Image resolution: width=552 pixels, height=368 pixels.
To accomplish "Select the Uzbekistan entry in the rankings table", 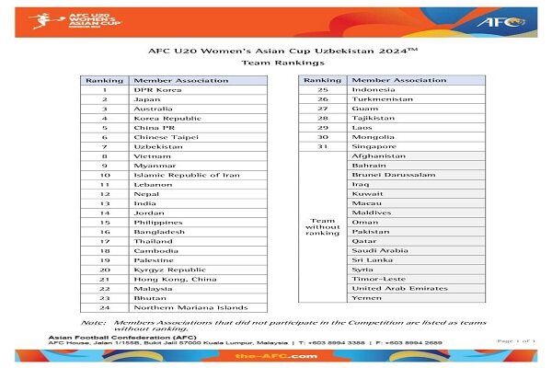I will pos(158,147).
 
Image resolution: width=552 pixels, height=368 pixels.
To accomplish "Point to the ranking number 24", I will pos(105,308).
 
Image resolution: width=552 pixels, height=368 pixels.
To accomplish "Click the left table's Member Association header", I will pos(180,81).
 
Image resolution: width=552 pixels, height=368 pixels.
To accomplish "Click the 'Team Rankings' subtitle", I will pos(276,63).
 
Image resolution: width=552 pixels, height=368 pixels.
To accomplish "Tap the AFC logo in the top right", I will pos(503,20).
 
